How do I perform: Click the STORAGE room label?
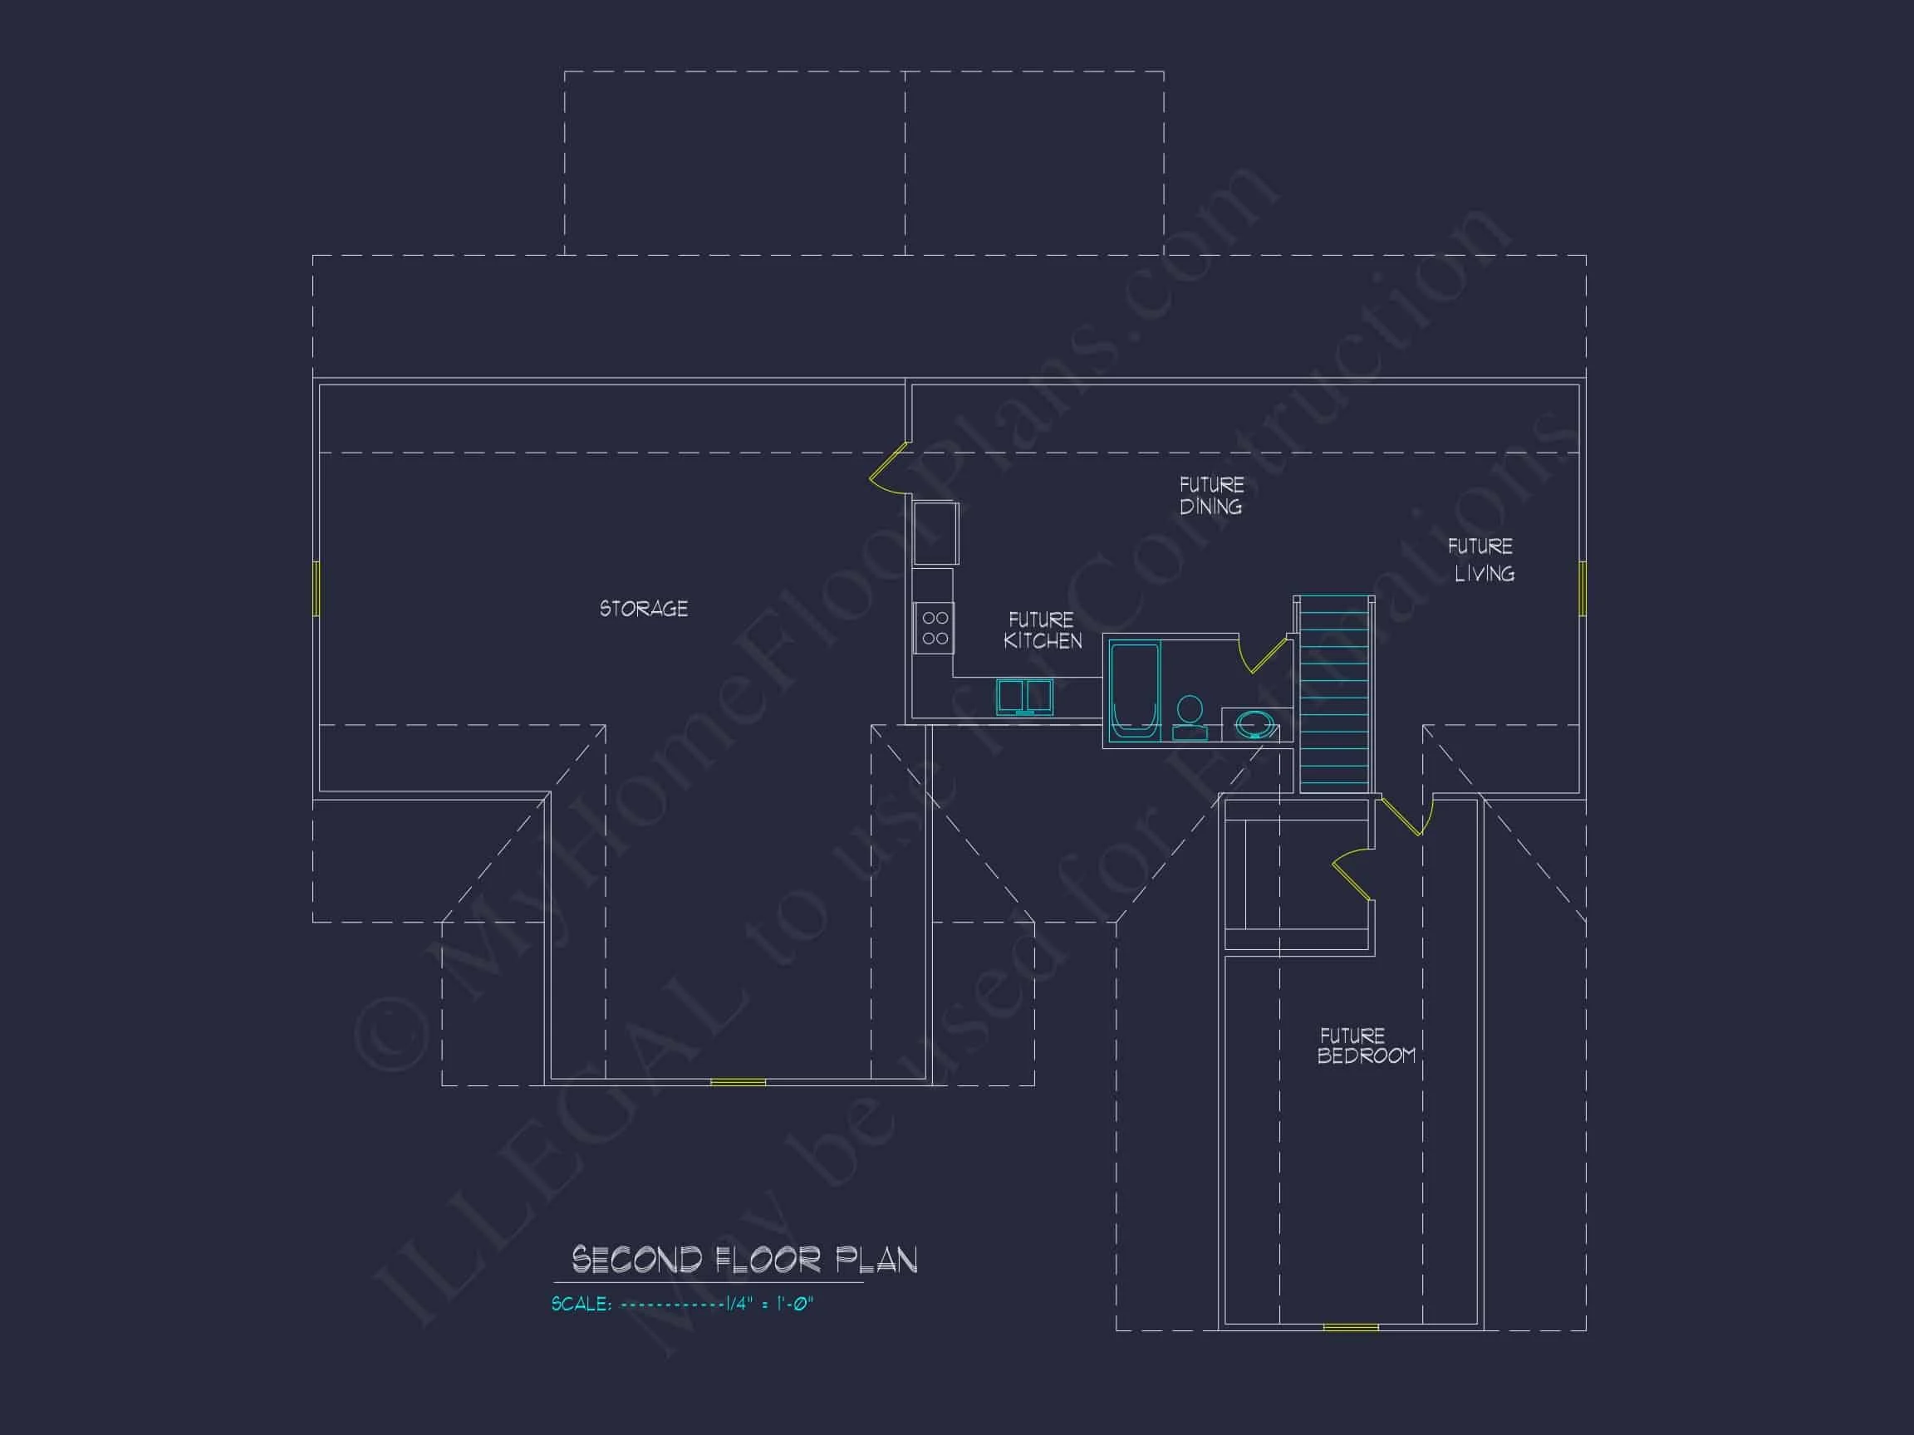point(644,609)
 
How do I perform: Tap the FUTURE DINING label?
point(1211,496)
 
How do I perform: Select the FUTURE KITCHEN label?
point(1043,630)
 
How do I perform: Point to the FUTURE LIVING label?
point(1481,560)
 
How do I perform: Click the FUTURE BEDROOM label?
point(1367,1045)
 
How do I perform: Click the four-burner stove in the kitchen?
point(935,628)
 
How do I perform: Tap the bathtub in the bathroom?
point(1135,690)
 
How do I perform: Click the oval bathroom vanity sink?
point(1254,724)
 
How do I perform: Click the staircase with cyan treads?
point(1335,693)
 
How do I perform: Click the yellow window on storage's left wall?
point(316,588)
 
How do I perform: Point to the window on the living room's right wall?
point(1583,588)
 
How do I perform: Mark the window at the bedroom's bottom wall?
point(1351,1327)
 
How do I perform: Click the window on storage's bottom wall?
point(738,1082)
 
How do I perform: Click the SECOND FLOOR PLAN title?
point(744,1261)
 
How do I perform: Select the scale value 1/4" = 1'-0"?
point(770,1304)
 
